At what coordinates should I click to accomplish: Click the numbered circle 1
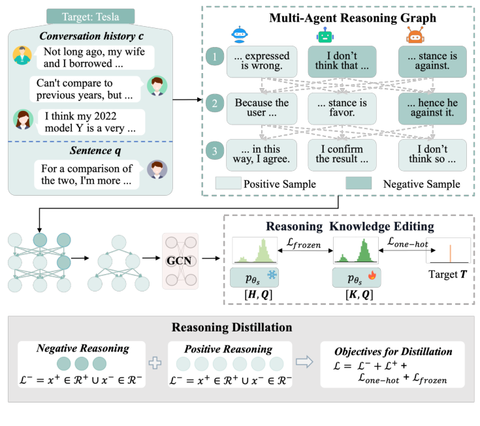[x=212, y=58]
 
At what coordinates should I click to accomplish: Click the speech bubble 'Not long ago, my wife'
[x=93, y=57]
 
